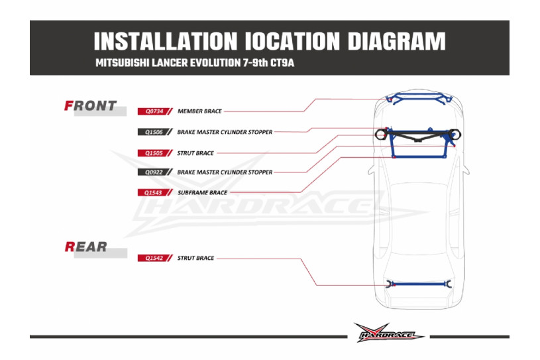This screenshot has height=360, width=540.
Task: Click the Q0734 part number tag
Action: point(153,111)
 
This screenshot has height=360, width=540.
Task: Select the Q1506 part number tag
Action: point(153,132)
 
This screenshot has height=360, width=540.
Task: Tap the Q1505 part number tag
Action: point(153,152)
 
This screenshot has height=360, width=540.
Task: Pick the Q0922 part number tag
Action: point(153,172)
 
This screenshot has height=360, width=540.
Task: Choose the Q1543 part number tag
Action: point(153,193)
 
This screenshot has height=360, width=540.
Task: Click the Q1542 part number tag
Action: point(153,258)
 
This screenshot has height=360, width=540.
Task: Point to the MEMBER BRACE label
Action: point(200,111)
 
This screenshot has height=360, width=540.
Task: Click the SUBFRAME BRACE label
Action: point(203,193)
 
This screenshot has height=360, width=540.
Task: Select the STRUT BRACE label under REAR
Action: point(195,258)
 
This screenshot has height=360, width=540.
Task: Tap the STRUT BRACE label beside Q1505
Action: point(195,152)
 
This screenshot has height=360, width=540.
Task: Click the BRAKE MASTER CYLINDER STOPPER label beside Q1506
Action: point(225,132)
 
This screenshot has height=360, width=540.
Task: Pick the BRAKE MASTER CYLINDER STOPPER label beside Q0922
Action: point(225,172)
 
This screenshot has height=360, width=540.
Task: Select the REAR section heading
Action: point(85,247)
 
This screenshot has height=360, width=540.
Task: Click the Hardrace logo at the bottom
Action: point(389,333)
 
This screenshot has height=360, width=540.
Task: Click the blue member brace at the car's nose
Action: point(419,99)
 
